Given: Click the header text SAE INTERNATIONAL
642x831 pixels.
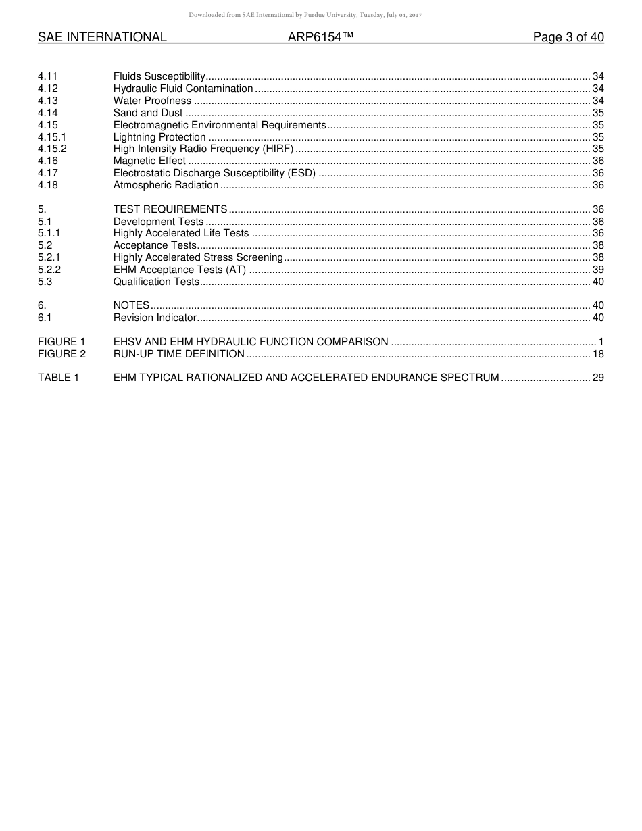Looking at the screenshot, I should click(x=102, y=37).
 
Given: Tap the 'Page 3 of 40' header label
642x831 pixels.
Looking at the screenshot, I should click(x=568, y=37).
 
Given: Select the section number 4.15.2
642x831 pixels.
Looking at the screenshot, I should click(x=52, y=149).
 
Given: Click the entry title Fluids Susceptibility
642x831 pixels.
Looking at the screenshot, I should click(x=159, y=76).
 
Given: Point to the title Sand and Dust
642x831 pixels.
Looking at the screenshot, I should click(x=148, y=113).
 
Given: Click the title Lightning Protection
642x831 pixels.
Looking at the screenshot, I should click(x=159, y=137).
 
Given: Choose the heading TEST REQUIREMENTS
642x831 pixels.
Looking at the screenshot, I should click(x=170, y=209).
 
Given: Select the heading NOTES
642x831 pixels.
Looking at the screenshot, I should click(x=131, y=305).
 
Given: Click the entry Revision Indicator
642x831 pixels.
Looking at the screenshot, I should click(x=155, y=318).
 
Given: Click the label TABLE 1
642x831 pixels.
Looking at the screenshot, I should click(x=58, y=378).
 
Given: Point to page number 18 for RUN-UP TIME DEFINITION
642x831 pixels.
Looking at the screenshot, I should click(x=598, y=354).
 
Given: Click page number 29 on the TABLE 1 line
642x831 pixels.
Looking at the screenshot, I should click(x=598, y=378).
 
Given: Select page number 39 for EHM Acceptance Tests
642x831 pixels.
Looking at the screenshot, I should click(x=598, y=270).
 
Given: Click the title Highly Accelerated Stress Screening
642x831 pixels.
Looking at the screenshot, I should click(x=198, y=257).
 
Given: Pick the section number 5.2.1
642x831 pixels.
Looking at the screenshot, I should click(x=49, y=257).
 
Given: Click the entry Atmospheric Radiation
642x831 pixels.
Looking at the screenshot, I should click(x=166, y=185).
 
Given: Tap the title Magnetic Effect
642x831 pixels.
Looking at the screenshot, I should click(x=149, y=161).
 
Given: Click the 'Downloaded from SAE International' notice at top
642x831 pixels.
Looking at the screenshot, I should click(x=305, y=15).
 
